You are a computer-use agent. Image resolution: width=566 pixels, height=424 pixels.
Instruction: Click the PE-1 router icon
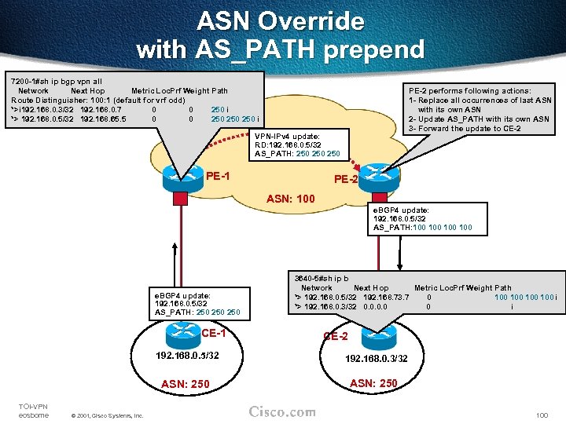[182, 177]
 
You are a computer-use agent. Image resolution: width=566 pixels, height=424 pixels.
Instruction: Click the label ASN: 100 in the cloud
[291, 199]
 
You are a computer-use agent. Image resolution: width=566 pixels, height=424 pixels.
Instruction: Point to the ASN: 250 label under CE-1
[185, 383]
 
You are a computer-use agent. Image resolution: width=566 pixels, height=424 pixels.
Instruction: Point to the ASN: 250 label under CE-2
[373, 382]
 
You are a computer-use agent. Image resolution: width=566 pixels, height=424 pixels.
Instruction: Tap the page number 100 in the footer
[541, 415]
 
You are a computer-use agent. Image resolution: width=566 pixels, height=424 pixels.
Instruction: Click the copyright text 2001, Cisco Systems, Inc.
[107, 415]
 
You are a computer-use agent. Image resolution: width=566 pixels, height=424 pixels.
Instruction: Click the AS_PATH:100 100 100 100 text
[423, 228]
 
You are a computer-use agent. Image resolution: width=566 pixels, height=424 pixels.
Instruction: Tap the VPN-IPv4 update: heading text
[287, 135]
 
